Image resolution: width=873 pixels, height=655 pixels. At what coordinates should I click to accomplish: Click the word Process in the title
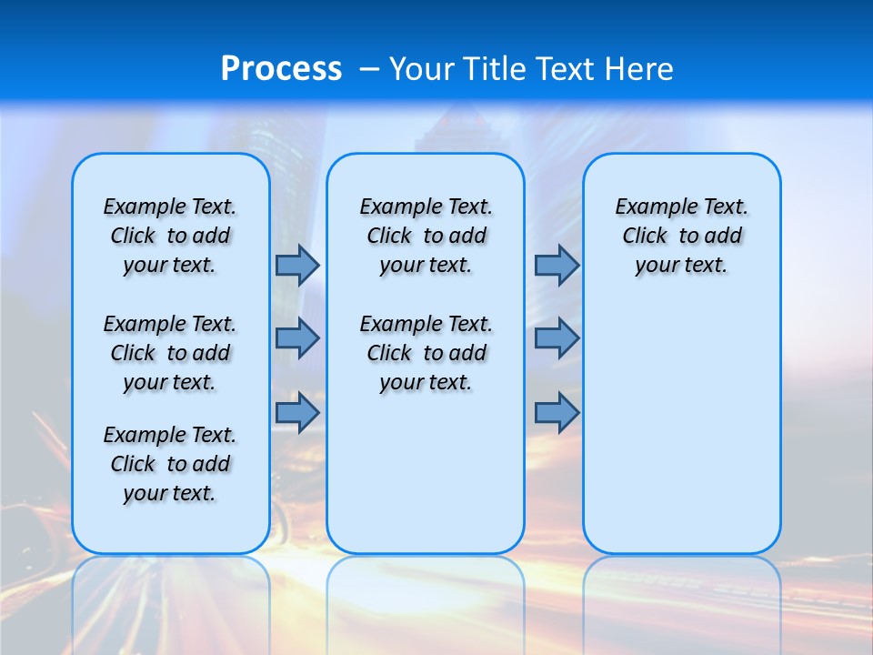pos(281,69)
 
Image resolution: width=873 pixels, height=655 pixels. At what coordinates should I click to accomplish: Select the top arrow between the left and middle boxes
pos(297,265)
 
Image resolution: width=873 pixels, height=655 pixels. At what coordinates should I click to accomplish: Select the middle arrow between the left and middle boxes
pos(297,338)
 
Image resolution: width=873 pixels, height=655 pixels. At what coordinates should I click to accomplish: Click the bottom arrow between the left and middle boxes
pos(297,412)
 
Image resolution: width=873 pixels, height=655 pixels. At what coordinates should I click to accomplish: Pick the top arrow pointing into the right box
pos(557,265)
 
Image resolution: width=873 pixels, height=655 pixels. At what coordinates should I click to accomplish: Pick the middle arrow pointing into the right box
pos(557,338)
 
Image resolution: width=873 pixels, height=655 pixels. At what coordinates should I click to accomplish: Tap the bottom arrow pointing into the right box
pos(557,412)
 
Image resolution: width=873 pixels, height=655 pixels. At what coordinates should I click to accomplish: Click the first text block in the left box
pos(170,236)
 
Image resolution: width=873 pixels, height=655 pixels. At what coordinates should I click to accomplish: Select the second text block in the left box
pos(170,353)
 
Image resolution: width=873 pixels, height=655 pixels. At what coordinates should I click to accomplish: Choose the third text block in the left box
pos(170,464)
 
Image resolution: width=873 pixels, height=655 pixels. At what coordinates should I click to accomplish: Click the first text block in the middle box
pos(426,236)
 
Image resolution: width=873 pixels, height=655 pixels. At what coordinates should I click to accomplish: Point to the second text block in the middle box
pos(426,353)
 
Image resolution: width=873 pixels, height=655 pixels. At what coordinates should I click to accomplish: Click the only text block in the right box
pos(681,236)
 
